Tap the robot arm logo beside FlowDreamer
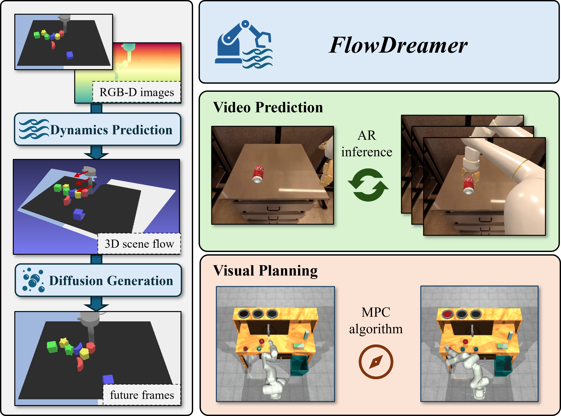coord(243,44)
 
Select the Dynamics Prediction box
coord(98,129)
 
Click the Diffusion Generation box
coord(98,280)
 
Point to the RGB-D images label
coord(137,92)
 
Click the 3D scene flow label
coord(139,244)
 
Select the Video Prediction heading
coord(268,108)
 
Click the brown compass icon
coord(376,362)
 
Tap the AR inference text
coord(367,143)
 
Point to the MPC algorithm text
coord(376,320)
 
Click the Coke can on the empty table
coord(258,174)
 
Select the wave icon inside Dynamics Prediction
coord(34,129)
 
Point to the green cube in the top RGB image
coord(37,35)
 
